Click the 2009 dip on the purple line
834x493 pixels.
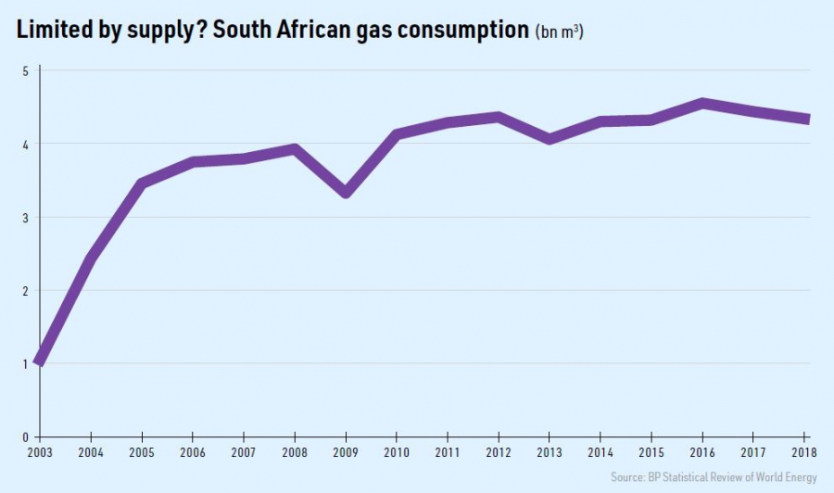(x=346, y=192)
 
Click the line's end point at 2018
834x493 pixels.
(x=806, y=119)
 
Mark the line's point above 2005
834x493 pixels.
(x=142, y=183)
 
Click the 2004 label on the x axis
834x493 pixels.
(x=91, y=453)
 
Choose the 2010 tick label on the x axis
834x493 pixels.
(x=398, y=453)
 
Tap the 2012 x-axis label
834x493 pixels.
(x=499, y=453)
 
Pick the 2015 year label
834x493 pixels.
(x=652, y=453)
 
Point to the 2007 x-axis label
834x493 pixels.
(x=244, y=453)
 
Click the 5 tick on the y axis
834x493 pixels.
(x=25, y=70)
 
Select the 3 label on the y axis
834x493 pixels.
(x=25, y=218)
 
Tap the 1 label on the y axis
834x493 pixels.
(x=25, y=363)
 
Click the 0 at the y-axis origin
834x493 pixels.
(x=25, y=436)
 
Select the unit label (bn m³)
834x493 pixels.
(x=559, y=32)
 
